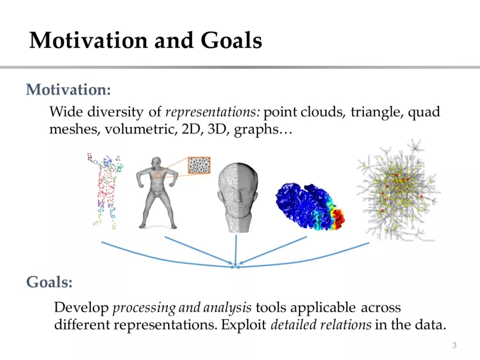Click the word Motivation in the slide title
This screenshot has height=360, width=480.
pyautogui.click(x=88, y=40)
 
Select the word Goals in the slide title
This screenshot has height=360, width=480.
pyautogui.click(x=232, y=40)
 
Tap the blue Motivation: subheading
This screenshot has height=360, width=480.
pyautogui.click(x=68, y=90)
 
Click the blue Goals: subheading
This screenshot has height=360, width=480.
pyautogui.click(x=49, y=282)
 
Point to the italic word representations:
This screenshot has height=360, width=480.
pyautogui.click(x=213, y=112)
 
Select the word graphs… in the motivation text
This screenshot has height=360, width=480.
pyautogui.click(x=263, y=130)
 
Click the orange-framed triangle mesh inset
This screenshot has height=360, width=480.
pyautogui.click(x=199, y=165)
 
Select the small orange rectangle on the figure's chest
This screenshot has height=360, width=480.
pyautogui.click(x=158, y=176)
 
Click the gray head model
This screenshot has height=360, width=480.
pyautogui.click(x=238, y=197)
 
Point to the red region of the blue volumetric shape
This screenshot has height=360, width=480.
pyautogui.click(x=339, y=218)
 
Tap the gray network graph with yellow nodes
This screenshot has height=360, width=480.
pyautogui.click(x=397, y=190)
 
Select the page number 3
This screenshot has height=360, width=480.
pyautogui.click(x=454, y=345)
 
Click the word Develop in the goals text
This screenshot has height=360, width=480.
pyautogui.click(x=81, y=308)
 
